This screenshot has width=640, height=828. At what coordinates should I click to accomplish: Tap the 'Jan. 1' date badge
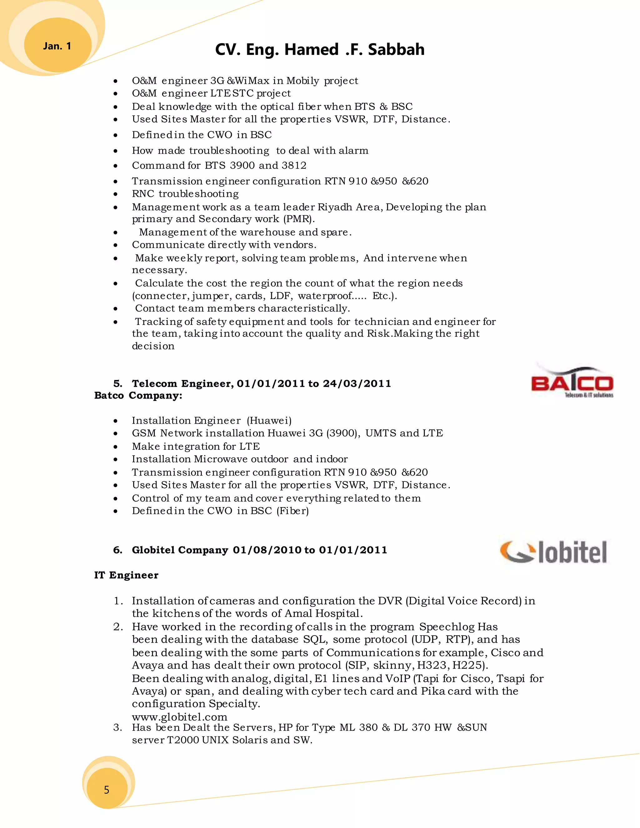click(57, 46)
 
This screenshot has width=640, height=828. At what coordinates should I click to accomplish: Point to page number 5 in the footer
click(107, 790)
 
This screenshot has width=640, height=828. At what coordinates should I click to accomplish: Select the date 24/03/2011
click(357, 384)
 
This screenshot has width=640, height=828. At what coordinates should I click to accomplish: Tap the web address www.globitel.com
click(179, 717)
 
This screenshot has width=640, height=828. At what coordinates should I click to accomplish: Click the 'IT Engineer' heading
click(126, 575)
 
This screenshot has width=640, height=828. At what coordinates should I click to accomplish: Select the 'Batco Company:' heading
click(138, 396)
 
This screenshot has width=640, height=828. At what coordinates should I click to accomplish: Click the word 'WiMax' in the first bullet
click(252, 81)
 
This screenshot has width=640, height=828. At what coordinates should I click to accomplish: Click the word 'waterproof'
click(325, 296)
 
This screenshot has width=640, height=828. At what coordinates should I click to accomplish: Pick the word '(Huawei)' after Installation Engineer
click(269, 421)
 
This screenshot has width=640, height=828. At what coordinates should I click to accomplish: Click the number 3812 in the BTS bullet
click(294, 166)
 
